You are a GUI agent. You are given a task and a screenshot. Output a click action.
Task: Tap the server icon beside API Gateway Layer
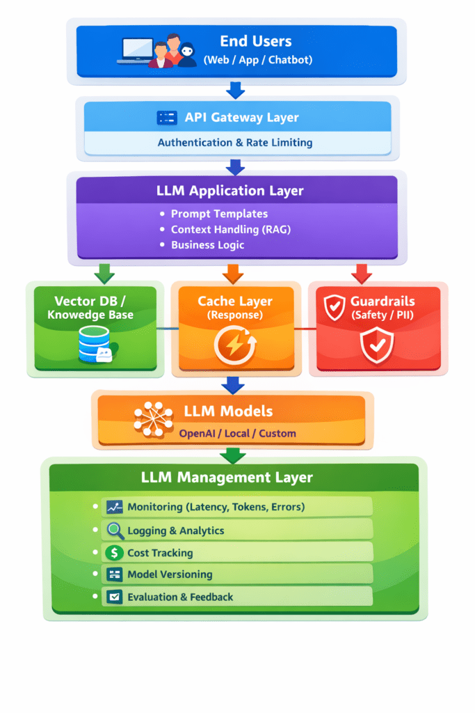pyautogui.click(x=167, y=118)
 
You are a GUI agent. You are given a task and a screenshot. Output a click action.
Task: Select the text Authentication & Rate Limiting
pyautogui.click(x=235, y=143)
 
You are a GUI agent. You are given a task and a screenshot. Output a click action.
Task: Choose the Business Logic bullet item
pyautogui.click(x=207, y=245)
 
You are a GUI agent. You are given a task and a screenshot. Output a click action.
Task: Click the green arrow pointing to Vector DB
pyautogui.click(x=104, y=273)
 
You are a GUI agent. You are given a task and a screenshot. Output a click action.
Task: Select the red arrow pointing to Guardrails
pyautogui.click(x=361, y=273)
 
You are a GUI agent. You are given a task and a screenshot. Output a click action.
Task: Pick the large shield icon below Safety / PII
pyautogui.click(x=377, y=345)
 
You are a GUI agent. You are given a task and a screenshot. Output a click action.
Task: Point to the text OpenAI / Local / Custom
pyautogui.click(x=237, y=433)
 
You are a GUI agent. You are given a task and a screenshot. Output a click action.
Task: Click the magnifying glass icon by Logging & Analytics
pyautogui.click(x=115, y=531)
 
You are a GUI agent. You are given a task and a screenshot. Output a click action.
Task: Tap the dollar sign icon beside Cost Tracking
pyautogui.click(x=114, y=553)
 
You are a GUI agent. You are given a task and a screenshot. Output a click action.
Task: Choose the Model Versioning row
pyautogui.click(x=236, y=574)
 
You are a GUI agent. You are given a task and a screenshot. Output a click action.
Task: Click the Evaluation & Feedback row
pyautogui.click(x=236, y=597)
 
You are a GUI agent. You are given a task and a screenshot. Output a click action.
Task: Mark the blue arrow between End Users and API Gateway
pyautogui.click(x=235, y=89)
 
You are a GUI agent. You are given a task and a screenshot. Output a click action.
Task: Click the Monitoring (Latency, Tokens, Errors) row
pyautogui.click(x=236, y=507)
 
